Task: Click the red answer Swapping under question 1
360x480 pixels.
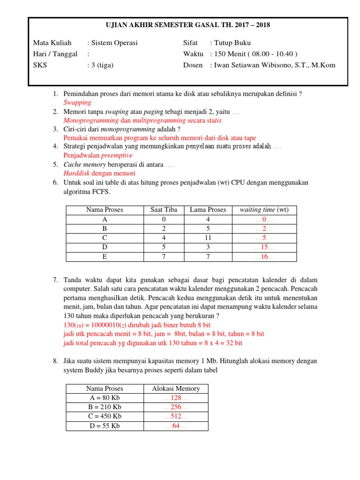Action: point(77,102)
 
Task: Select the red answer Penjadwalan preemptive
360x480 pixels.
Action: point(98,155)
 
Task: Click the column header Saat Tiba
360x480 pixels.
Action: point(164,210)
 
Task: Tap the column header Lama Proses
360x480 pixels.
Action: point(208,210)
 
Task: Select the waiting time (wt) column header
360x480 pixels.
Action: point(264,210)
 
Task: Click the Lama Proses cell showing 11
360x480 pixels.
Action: point(208,238)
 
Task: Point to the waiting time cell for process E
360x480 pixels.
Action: point(264,256)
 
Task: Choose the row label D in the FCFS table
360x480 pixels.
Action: point(105,247)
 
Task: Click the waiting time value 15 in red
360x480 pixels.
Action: point(264,247)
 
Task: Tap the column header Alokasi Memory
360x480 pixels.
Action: point(176,389)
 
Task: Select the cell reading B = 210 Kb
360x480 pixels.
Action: point(105,407)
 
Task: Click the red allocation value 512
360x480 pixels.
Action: point(176,416)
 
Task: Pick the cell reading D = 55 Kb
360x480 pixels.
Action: point(105,426)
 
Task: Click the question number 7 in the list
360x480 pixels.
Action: point(55,280)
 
